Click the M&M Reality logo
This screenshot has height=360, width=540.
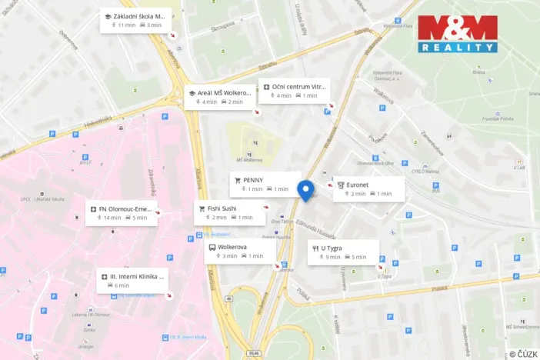coord(458,34)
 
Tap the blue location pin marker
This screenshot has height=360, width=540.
coord(305,190)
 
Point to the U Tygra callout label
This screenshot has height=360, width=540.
coord(343,252)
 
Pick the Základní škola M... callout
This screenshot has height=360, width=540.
coord(136,20)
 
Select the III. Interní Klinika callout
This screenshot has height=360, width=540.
coord(132,280)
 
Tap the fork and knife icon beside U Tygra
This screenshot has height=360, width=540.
coord(315,248)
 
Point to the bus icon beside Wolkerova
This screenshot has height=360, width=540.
coord(212,248)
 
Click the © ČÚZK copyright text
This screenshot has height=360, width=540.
coord(522,353)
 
